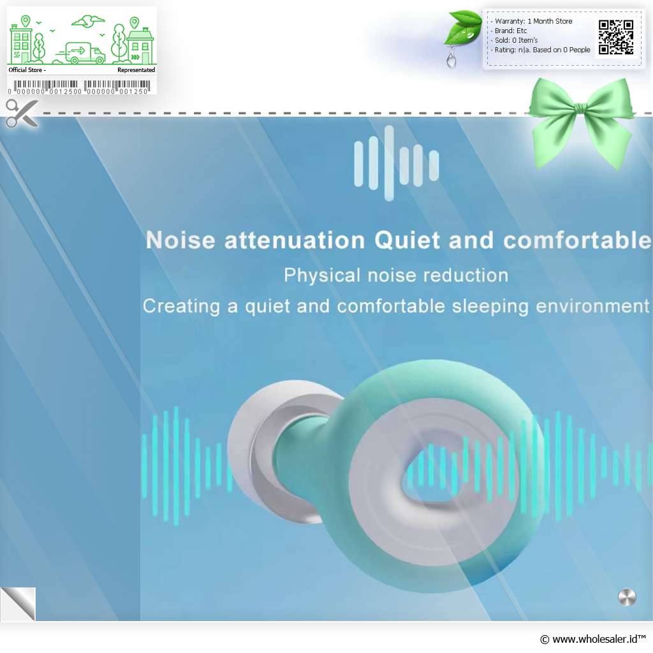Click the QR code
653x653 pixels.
click(616, 37)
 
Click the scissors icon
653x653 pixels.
click(22, 113)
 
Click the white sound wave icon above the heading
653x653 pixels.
click(396, 163)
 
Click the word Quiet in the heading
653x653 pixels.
click(407, 240)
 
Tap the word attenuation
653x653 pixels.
click(295, 240)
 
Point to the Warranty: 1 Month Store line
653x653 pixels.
click(533, 21)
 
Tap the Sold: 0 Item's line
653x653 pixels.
click(515, 40)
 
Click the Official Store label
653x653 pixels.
click(27, 70)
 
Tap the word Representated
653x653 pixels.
click(136, 70)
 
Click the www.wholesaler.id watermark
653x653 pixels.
click(592, 639)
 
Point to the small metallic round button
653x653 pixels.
click(627, 597)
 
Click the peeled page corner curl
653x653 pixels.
click(18, 604)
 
